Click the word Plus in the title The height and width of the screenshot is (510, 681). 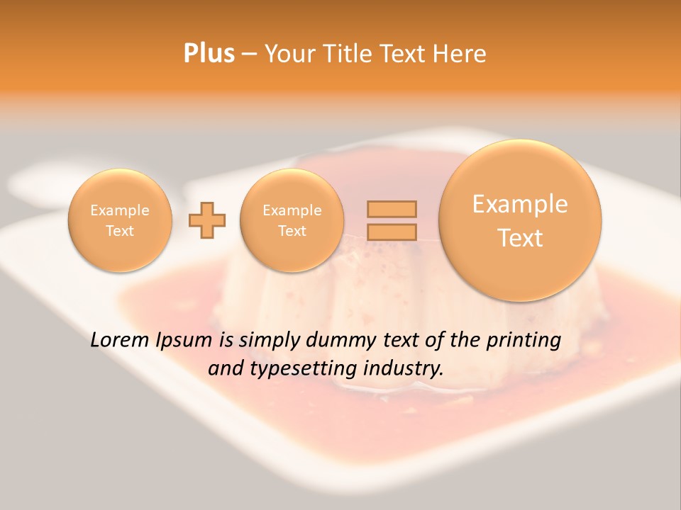pyautogui.click(x=209, y=54)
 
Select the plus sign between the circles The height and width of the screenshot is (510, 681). pyautogui.click(x=207, y=220)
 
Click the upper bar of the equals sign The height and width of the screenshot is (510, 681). pyautogui.click(x=391, y=209)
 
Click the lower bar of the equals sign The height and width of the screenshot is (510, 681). pyautogui.click(x=391, y=232)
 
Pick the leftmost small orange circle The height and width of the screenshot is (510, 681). pyautogui.click(x=120, y=220)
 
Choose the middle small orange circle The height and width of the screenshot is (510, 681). pyautogui.click(x=292, y=220)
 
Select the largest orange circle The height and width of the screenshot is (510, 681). pyautogui.click(x=520, y=220)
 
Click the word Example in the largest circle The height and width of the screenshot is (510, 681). pyautogui.click(x=520, y=204)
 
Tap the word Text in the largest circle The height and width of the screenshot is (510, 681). pyautogui.click(x=520, y=238)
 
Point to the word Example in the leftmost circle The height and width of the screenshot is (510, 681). pyautogui.click(x=120, y=210)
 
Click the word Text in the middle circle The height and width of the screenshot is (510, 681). pyautogui.click(x=292, y=231)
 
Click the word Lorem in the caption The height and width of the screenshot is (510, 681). pyautogui.click(x=120, y=340)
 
